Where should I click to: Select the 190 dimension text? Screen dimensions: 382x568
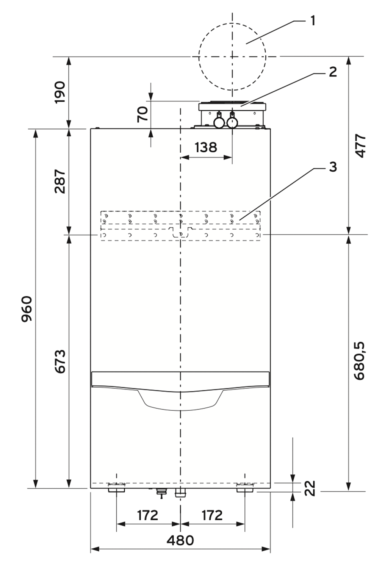click(x=60, y=92)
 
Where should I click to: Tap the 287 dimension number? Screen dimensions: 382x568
click(x=60, y=181)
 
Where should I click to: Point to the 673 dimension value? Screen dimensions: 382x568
click(x=60, y=361)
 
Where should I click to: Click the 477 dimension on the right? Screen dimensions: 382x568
click(x=360, y=146)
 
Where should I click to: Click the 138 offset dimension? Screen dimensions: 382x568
click(x=206, y=147)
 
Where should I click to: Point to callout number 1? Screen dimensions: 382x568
click(x=313, y=20)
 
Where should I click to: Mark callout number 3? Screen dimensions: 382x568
click(x=333, y=167)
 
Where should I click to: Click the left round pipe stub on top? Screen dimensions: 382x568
click(x=219, y=123)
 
